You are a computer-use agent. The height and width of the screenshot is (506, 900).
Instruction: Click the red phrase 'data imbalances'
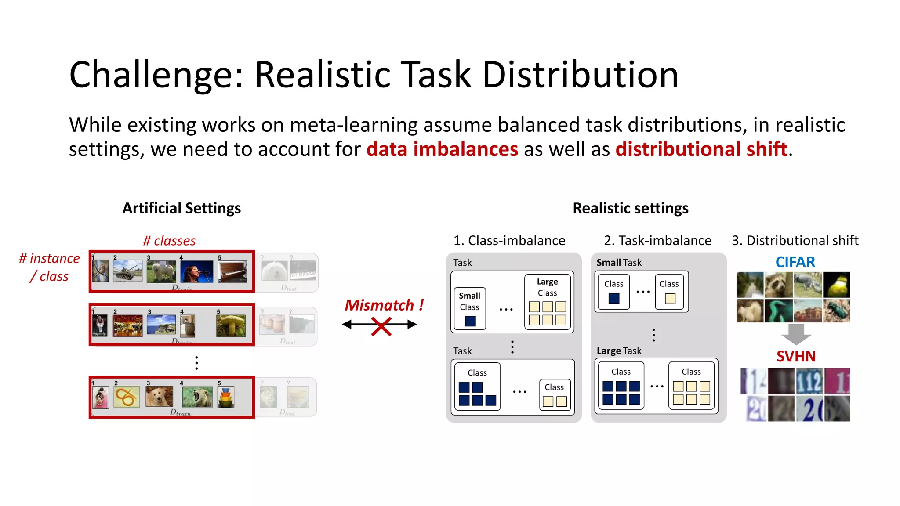(x=442, y=149)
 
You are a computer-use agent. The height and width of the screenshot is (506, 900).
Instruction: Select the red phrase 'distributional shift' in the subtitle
(x=701, y=149)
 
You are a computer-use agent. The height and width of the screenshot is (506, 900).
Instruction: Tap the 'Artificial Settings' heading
(x=181, y=208)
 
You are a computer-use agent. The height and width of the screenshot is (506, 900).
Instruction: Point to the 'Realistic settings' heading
(x=630, y=208)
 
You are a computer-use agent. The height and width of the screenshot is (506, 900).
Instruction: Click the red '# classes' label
(x=169, y=241)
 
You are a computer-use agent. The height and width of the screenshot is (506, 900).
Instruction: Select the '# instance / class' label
(x=49, y=267)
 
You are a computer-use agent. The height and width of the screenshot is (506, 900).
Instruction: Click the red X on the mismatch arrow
(x=381, y=326)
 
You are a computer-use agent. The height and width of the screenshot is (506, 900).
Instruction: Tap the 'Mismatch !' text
(x=384, y=305)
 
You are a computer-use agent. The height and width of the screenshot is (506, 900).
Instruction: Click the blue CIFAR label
(x=795, y=262)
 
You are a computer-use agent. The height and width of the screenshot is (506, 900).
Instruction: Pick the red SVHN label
(x=795, y=356)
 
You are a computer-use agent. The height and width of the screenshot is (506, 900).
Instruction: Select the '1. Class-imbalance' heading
(x=509, y=241)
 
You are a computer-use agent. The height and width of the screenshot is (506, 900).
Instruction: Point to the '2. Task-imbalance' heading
(x=657, y=241)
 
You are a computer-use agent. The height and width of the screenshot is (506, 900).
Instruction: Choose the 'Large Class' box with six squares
(x=547, y=302)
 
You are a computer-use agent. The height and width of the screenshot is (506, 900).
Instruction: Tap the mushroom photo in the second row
(x=231, y=325)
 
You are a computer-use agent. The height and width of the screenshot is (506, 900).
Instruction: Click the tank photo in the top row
(x=127, y=271)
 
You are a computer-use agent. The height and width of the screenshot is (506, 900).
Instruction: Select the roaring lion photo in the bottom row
(x=197, y=397)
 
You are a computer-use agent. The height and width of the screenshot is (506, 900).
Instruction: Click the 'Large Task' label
(x=619, y=351)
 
